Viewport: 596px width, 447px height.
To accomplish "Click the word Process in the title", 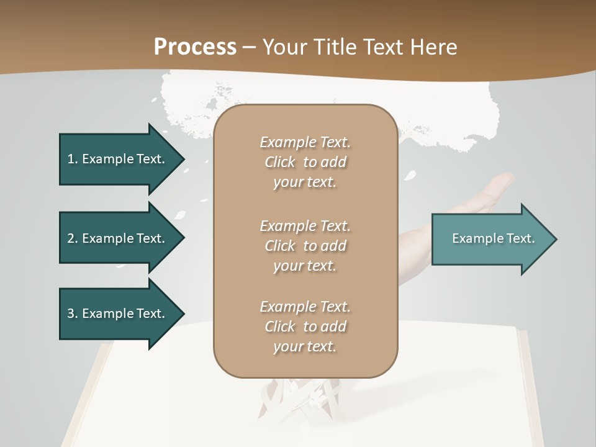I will coord(195,47).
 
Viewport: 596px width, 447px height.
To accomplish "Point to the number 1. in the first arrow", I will coord(73,159).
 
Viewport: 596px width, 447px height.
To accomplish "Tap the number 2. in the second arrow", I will coord(73,238).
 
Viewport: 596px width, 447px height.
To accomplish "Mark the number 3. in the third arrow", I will coord(73,314).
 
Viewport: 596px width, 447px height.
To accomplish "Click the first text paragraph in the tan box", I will coord(305,162).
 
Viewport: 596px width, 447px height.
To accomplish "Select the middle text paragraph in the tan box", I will coord(305,245).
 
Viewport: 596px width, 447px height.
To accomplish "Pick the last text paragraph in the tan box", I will coord(305,327).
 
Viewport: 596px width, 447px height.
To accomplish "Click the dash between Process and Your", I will coord(249,47).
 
